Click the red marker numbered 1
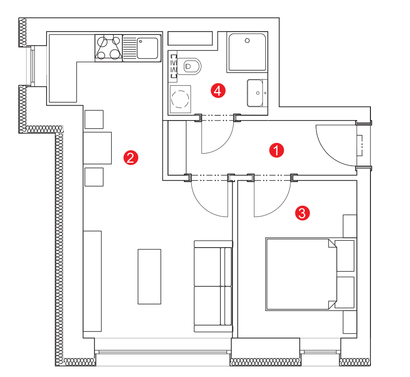(276, 150)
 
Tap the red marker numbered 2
(131, 158)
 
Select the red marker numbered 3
(302, 213)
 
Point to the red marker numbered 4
(218, 91)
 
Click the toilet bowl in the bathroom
(189, 66)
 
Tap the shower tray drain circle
(247, 40)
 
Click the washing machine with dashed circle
(180, 99)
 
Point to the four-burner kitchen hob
(108, 48)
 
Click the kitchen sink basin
(148, 48)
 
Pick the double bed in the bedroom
(301, 274)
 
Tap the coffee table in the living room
(149, 276)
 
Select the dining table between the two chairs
(97, 148)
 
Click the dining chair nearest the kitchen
(94, 119)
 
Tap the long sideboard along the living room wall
(92, 281)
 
